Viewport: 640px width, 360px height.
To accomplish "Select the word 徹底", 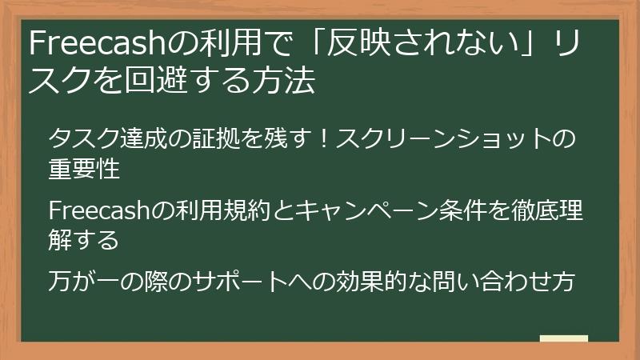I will point(526,210).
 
